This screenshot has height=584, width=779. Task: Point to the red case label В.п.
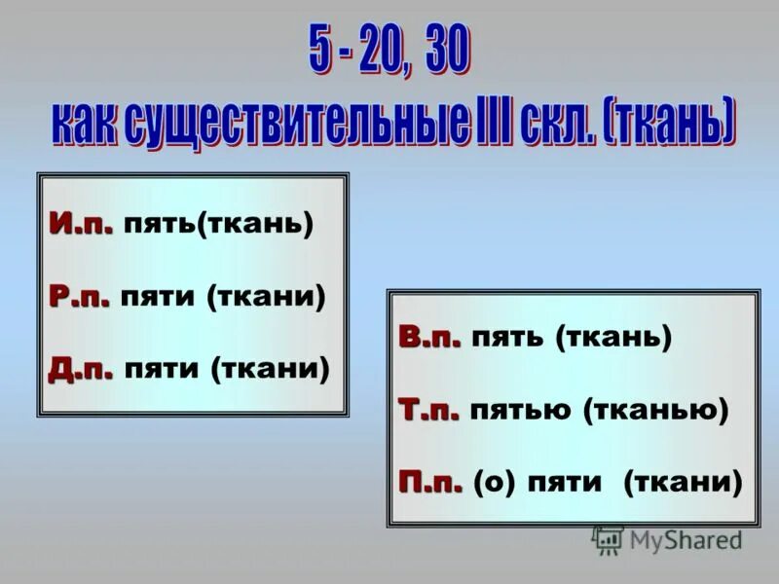click(428, 338)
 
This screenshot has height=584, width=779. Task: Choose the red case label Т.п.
click(428, 410)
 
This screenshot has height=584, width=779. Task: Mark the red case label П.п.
click(429, 482)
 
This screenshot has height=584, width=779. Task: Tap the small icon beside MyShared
click(608, 539)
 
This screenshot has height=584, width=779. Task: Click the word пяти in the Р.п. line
click(158, 297)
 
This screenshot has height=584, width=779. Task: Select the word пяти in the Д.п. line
click(163, 369)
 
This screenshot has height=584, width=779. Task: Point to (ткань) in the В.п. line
click(613, 339)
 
